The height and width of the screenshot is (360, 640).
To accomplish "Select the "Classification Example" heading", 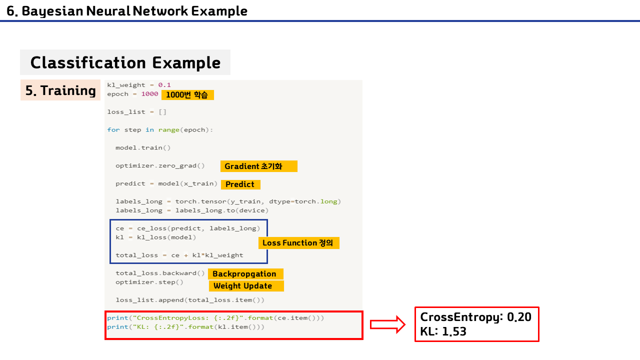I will click(x=125, y=62).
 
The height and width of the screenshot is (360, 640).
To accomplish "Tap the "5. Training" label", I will click(x=60, y=90).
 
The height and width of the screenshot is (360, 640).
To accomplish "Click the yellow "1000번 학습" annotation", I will click(x=187, y=94).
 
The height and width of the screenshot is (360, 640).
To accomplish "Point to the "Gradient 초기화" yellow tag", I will click(x=258, y=166).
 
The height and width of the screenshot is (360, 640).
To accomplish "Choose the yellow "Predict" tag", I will click(x=240, y=184).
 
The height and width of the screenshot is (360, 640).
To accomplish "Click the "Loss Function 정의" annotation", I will click(x=298, y=243).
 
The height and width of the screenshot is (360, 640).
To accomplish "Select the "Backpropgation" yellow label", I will click(x=245, y=273).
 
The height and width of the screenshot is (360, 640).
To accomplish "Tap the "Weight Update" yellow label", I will click(x=245, y=286).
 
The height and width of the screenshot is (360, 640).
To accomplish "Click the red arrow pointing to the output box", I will click(x=388, y=324).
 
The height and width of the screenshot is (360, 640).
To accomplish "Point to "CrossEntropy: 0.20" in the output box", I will click(x=475, y=317).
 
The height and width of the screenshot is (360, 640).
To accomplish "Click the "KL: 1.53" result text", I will click(x=443, y=331).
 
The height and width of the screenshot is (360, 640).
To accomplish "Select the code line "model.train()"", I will click(x=143, y=148).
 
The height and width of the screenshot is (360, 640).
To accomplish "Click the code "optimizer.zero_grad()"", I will click(x=160, y=166).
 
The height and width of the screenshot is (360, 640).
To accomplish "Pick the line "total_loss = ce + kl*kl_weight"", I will click(x=179, y=255).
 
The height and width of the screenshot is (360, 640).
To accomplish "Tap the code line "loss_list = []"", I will click(x=137, y=112).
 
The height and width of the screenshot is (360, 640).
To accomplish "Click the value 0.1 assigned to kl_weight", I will click(x=164, y=85).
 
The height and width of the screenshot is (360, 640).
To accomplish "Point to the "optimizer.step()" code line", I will click(x=149, y=282).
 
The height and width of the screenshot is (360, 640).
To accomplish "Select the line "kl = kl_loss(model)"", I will click(x=155, y=237).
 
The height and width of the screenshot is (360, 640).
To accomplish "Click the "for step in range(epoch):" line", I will click(x=160, y=130).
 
